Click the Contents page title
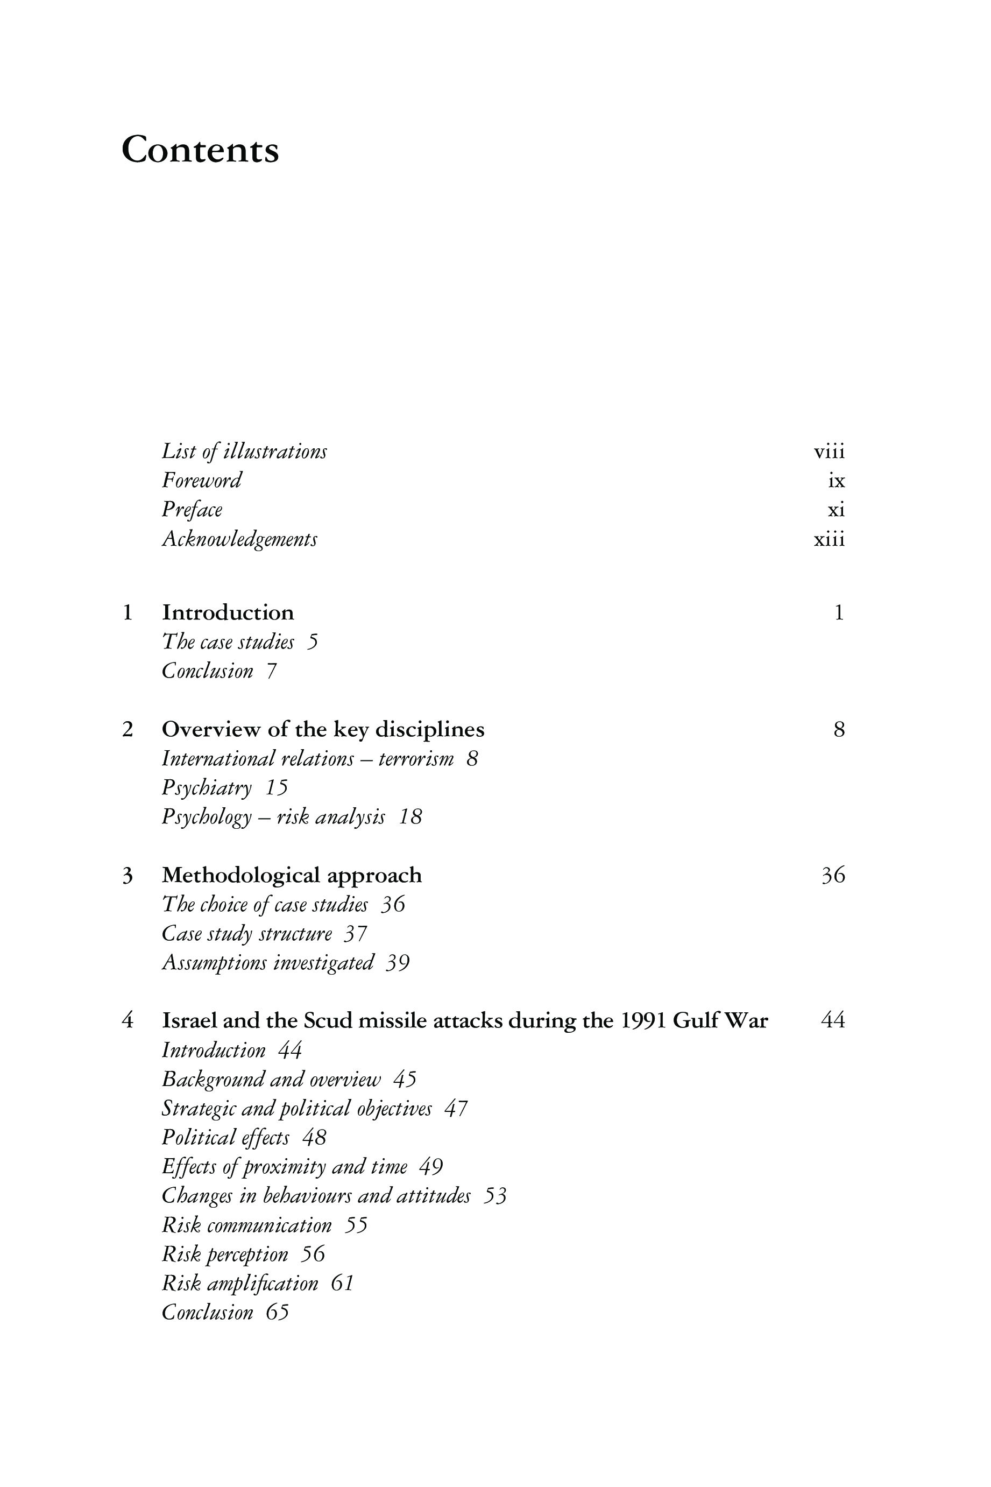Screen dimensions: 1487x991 click(200, 151)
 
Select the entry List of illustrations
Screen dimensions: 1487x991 click(244, 452)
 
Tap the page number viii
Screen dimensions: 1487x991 click(829, 453)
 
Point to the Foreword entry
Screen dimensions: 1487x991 click(202, 481)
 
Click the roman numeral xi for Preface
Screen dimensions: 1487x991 click(836, 510)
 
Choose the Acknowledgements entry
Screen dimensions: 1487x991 click(239, 539)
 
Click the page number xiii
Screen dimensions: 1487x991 click(829, 540)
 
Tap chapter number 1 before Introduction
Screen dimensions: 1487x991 click(128, 612)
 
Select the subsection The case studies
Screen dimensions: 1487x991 click(228, 643)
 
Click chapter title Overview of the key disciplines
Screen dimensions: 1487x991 click(323, 730)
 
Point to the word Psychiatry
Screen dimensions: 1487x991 click(207, 788)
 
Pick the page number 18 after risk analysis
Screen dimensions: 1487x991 click(410, 818)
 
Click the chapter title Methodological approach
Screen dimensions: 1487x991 click(292, 876)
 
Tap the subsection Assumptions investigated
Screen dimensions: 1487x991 click(268, 963)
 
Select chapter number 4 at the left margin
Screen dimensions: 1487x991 click(128, 1021)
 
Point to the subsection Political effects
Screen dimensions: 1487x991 click(225, 1138)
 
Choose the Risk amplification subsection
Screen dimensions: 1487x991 click(240, 1284)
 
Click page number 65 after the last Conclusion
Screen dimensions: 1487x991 click(277, 1313)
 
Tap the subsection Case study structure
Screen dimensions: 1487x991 click(246, 934)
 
